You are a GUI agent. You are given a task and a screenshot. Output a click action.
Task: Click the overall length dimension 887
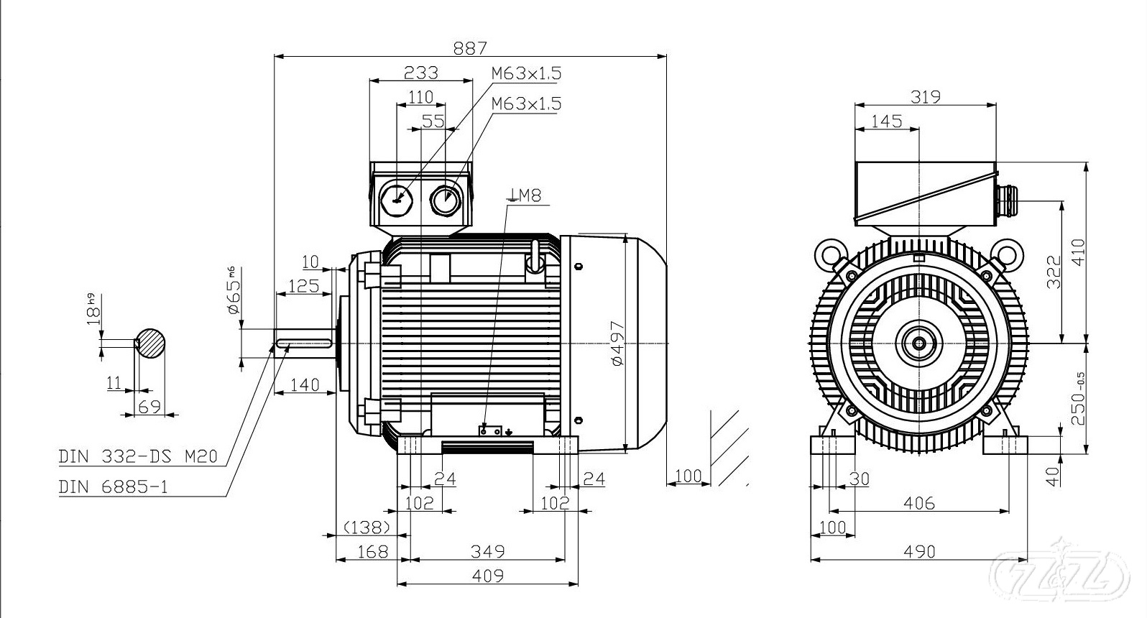tap(470, 47)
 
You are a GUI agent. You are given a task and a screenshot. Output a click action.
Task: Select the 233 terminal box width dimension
tap(420, 73)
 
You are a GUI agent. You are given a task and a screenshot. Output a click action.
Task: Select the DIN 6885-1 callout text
tap(113, 487)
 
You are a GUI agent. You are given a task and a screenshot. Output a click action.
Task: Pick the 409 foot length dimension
tap(488, 576)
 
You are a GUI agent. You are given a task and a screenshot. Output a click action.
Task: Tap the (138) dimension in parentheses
tap(367, 527)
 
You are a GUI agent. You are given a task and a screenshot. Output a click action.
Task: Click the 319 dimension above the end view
tap(925, 96)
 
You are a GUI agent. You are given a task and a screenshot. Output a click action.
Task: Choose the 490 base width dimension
tap(919, 551)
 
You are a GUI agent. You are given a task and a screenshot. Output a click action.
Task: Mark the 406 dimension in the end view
tap(919, 503)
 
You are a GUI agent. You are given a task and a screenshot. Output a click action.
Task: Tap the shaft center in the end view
tap(920, 343)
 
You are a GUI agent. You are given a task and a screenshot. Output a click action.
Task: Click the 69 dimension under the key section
tap(149, 407)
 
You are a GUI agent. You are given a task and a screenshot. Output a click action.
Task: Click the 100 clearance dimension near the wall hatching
tap(688, 476)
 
